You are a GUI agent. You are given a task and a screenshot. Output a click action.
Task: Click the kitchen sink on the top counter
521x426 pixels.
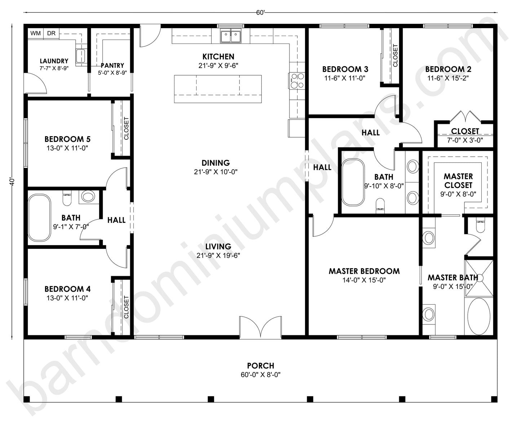click(x=231, y=36)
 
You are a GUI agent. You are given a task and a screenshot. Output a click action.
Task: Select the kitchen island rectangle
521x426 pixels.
click(x=218, y=89)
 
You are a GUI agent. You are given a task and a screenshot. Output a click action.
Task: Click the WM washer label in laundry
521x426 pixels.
click(x=35, y=33)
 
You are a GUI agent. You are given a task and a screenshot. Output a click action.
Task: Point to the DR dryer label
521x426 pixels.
click(x=51, y=33)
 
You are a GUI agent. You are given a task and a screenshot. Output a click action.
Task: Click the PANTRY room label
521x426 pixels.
click(x=112, y=66)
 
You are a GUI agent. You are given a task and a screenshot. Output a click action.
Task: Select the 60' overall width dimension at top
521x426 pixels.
click(x=260, y=13)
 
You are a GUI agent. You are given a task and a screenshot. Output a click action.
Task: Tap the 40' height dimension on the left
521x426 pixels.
click(x=12, y=181)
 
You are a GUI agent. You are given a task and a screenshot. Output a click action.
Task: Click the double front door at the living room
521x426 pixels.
click(x=260, y=327)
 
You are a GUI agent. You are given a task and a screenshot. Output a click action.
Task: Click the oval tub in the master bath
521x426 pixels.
click(x=479, y=316)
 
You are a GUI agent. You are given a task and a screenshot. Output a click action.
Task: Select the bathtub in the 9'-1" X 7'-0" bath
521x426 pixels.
click(x=39, y=217)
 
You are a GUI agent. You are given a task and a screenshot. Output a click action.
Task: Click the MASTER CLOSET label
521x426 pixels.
click(x=458, y=181)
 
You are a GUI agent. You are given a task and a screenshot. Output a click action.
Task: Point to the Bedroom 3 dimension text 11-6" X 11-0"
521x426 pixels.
click(x=345, y=78)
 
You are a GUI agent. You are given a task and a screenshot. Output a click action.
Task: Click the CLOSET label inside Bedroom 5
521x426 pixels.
click(x=126, y=129)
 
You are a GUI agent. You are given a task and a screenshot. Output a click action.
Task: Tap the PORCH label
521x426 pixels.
click(x=260, y=366)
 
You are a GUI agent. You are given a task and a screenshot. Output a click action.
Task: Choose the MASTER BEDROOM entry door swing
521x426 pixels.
click(x=322, y=226)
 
